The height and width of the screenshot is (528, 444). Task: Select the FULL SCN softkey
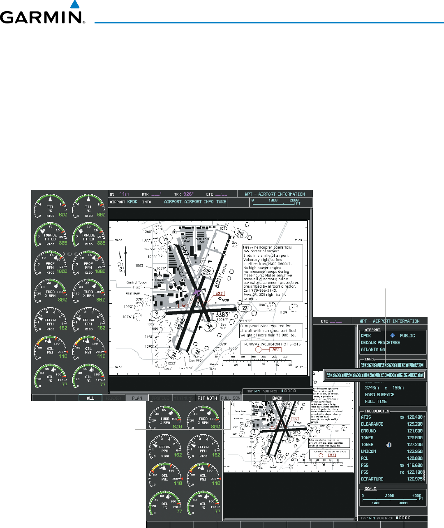point(231,398)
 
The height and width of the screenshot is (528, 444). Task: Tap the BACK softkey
point(277,398)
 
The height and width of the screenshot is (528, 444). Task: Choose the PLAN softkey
point(137,398)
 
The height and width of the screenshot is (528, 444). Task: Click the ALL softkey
point(90,398)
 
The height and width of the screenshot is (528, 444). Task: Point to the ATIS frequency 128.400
point(414,417)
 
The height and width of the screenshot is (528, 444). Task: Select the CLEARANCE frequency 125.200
point(414,424)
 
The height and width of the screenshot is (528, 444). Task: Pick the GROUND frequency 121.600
point(414,431)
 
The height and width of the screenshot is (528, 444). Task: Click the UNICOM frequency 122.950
point(414,452)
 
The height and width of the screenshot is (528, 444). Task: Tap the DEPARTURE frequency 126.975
point(414,479)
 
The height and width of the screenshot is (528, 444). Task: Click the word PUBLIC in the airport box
point(407,336)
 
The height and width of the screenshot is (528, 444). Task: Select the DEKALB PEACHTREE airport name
point(380,343)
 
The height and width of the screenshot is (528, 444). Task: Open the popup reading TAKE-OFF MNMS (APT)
point(375,375)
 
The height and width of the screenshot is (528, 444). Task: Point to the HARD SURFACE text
point(379,394)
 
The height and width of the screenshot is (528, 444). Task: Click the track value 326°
point(188,194)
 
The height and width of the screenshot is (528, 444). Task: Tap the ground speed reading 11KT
point(124,194)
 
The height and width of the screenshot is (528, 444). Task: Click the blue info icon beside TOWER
point(389,445)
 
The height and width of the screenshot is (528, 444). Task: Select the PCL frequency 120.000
point(414,459)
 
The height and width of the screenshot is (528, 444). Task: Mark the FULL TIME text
point(376,401)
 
